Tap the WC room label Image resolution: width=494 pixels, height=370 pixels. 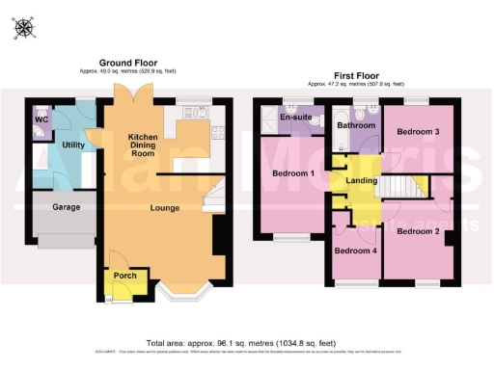[x=41, y=119]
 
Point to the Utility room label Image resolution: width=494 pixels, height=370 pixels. [x=73, y=145]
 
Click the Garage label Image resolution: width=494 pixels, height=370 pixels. [x=66, y=207]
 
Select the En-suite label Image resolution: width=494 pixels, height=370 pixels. [x=293, y=118]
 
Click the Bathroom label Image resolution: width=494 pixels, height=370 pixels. [x=353, y=125]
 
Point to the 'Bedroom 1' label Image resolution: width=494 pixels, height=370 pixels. [x=293, y=174]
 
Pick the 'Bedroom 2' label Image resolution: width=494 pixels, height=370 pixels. [x=418, y=231]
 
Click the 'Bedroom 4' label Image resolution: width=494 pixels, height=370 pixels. [x=354, y=251]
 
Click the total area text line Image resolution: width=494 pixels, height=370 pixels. [x=240, y=342]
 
